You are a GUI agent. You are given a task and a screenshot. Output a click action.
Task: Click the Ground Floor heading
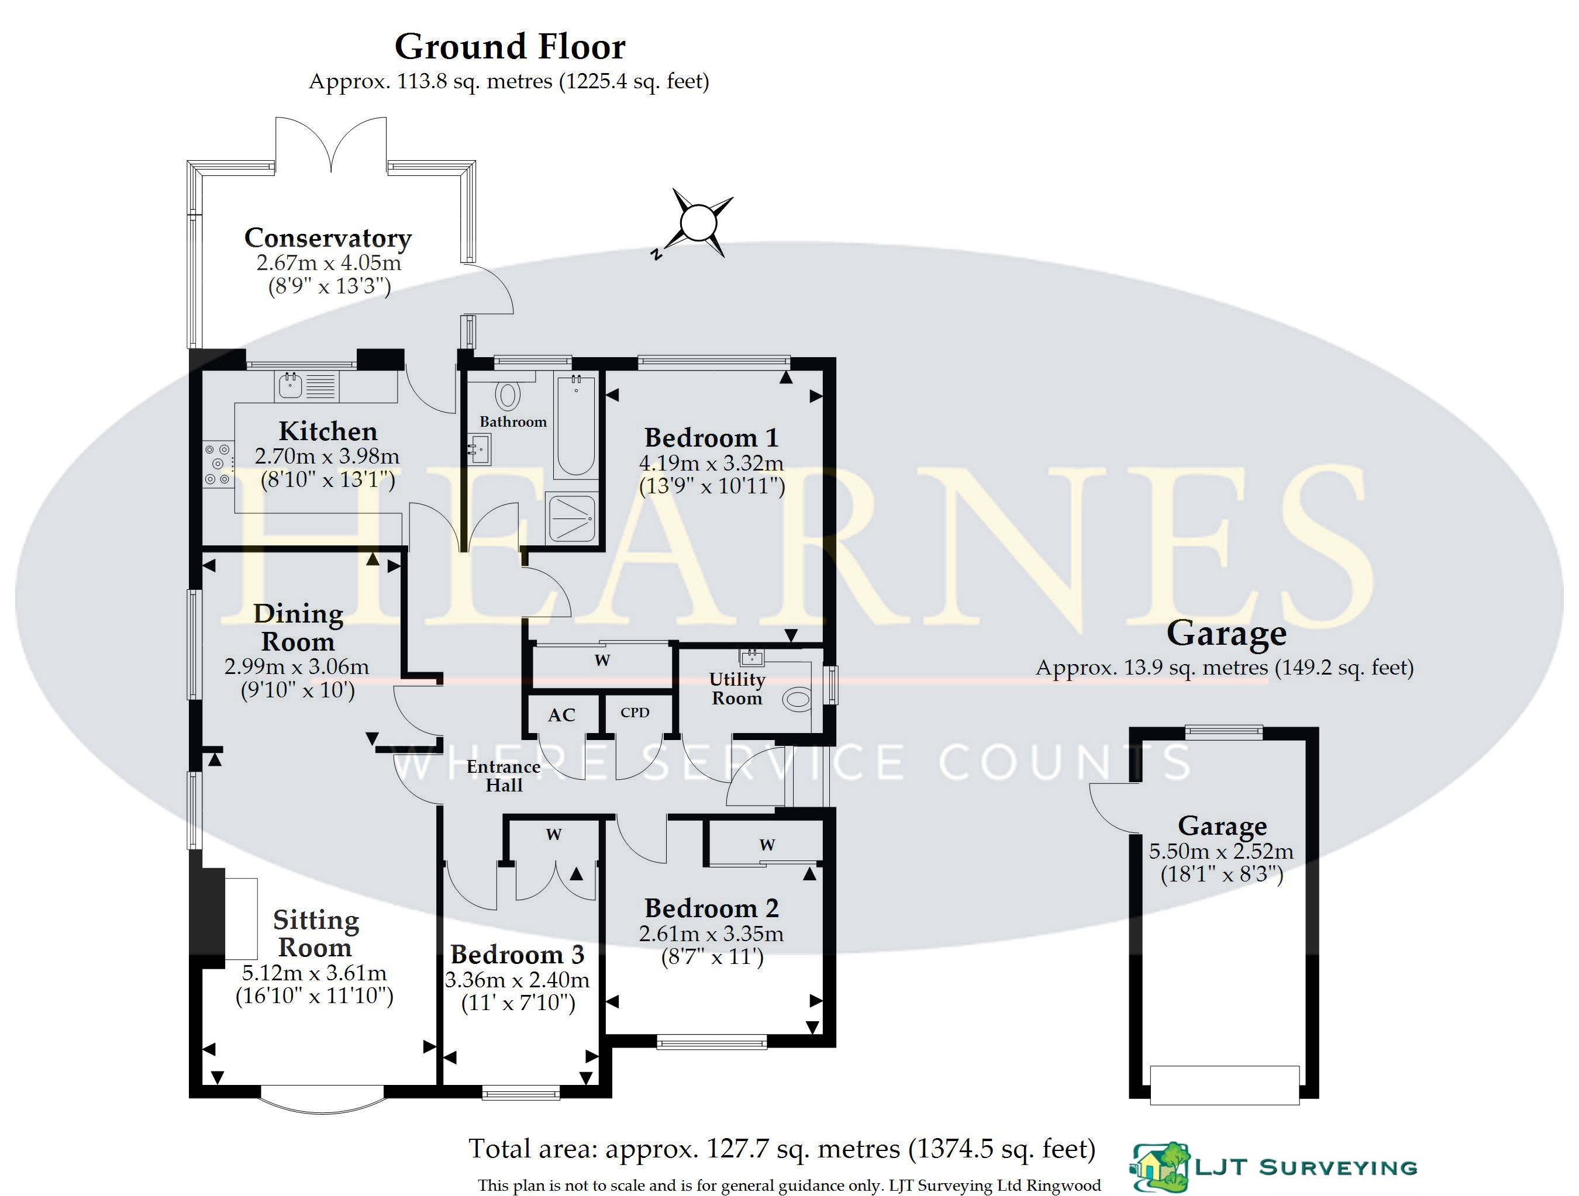(510, 47)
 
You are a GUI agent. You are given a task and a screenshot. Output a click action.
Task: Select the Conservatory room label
(327, 238)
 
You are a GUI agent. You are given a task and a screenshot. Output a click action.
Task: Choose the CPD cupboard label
(635, 712)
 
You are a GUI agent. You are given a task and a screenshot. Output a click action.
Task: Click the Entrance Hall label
(504, 776)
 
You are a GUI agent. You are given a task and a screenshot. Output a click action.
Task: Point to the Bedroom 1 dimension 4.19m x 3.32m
(711, 463)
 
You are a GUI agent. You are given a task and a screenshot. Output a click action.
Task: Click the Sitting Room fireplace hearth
(242, 919)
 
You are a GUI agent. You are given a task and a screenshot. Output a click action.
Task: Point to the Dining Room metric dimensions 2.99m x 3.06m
(297, 667)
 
